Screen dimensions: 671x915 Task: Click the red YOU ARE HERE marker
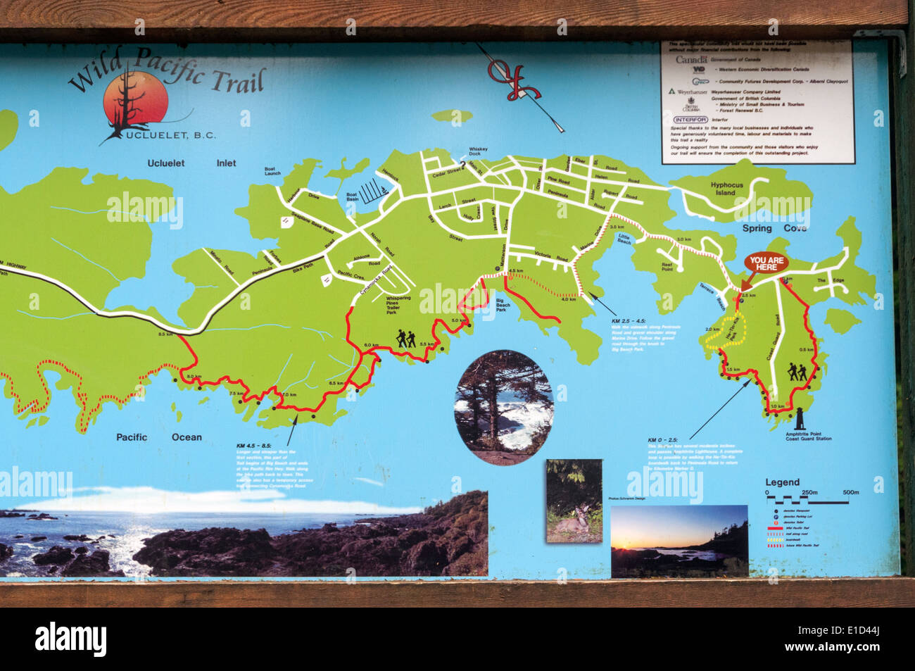point(766,264)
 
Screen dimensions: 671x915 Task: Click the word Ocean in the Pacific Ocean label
point(187,437)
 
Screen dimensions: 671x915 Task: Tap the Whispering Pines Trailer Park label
point(398,305)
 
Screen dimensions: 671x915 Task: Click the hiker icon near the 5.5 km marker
point(406,339)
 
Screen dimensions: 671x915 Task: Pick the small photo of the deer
point(574,501)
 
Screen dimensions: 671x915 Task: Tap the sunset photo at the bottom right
point(679,541)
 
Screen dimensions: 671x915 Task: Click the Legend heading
point(782,482)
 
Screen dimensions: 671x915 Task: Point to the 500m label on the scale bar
point(850,492)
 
